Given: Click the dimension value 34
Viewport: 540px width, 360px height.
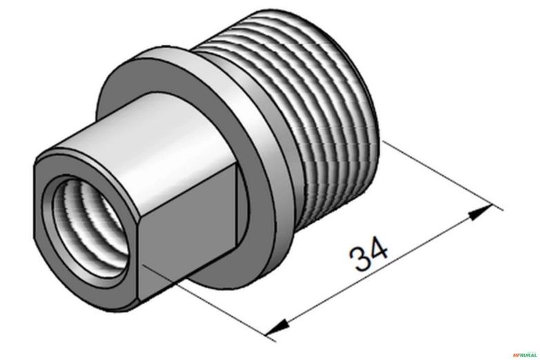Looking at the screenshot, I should pos(370,255).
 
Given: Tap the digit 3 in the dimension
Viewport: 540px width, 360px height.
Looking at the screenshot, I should pos(360,260).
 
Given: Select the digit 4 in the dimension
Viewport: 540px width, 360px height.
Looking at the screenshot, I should pos(379,249).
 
